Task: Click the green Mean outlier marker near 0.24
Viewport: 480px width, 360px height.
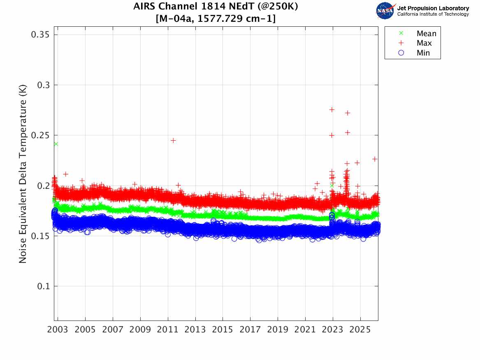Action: click(x=56, y=144)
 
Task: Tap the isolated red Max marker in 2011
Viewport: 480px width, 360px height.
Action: click(x=173, y=140)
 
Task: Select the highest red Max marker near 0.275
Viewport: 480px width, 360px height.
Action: click(x=332, y=109)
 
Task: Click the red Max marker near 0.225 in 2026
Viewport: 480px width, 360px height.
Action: click(x=375, y=159)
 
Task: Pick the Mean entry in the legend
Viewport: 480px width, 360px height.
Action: click(x=426, y=34)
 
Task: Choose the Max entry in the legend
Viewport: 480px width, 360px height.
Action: click(x=424, y=43)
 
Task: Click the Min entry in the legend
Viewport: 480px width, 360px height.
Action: click(x=423, y=53)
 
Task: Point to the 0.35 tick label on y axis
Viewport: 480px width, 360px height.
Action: click(x=41, y=35)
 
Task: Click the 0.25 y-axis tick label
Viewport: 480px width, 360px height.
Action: click(x=41, y=135)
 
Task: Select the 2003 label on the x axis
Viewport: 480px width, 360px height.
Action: click(x=58, y=330)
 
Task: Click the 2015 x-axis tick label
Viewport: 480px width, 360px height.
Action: click(x=223, y=330)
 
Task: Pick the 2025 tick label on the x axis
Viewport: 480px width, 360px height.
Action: click(x=360, y=330)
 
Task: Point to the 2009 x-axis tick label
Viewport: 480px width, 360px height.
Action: click(x=140, y=330)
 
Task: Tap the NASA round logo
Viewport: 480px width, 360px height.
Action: click(x=385, y=11)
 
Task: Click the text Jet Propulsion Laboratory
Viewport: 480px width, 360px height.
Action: click(x=433, y=8)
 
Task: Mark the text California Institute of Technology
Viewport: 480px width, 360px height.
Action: click(x=433, y=14)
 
